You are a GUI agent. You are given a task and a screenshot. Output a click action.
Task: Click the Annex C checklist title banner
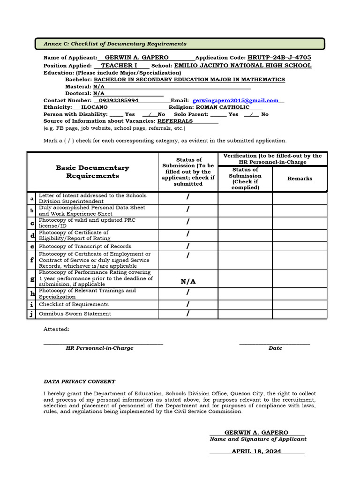coord(180,44)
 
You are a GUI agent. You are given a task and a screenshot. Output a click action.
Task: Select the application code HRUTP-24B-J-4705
coord(279,58)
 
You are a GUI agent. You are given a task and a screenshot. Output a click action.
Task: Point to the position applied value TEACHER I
coord(119,66)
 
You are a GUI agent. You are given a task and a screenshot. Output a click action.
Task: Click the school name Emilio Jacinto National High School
coord(242,66)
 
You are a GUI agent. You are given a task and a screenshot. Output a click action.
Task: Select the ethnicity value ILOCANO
coord(95,107)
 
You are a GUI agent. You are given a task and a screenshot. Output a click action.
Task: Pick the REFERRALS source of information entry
coord(175,121)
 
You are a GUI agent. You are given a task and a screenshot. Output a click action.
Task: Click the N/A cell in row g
coord(188,282)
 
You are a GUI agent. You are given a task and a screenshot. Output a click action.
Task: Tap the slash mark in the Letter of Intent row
coord(188,198)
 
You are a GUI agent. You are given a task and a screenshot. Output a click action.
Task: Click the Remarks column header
coord(300,179)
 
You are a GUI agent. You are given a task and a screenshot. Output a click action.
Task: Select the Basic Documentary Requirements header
coord(92,172)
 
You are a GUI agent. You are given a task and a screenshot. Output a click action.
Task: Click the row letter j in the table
coord(32,314)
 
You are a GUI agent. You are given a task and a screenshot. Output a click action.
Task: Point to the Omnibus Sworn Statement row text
coord(75,314)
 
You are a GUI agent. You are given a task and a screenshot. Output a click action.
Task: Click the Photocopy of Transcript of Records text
coord(85,246)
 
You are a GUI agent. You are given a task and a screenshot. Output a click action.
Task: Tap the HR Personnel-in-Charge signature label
coord(99,348)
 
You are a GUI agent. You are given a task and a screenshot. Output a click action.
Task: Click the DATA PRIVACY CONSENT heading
coord(79,382)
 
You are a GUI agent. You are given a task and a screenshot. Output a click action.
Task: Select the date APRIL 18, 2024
coord(256,451)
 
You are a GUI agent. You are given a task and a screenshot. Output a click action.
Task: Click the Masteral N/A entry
coord(98,87)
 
